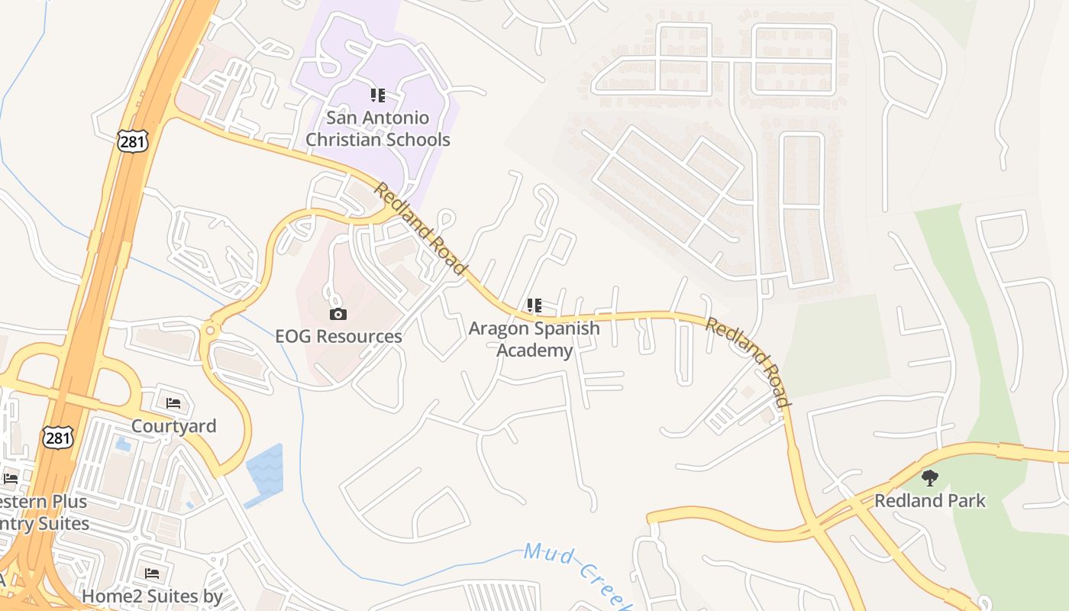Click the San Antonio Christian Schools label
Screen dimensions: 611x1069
pos(377,128)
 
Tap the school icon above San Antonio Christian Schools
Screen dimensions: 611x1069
pos(377,95)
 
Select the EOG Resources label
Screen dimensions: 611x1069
pos(338,336)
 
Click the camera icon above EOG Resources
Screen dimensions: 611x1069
pos(337,314)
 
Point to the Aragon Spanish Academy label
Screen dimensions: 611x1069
pos(534,339)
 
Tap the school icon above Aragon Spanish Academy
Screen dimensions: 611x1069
pos(534,306)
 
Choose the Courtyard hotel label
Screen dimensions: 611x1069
pos(174,425)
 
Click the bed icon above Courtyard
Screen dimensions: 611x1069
pos(173,402)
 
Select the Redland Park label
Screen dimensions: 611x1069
pos(929,501)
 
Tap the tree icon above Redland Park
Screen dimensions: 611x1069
pos(929,478)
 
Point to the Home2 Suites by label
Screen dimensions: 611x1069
pos(152,596)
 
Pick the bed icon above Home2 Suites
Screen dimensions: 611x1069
pos(152,573)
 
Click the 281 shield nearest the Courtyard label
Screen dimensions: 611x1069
pos(58,438)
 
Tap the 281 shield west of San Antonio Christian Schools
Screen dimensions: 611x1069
pos(131,140)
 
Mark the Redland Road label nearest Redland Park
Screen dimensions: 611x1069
pos(747,361)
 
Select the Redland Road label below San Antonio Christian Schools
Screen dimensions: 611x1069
pos(419,228)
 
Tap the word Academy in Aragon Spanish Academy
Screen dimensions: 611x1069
pos(534,351)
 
